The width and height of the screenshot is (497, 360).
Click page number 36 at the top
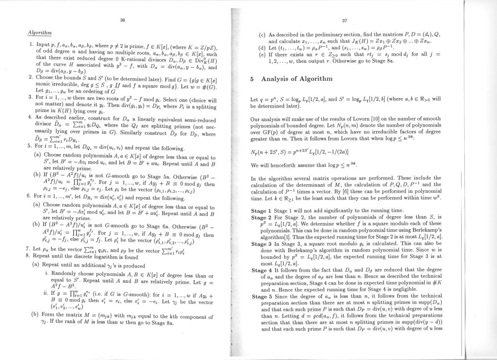(122, 20)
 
